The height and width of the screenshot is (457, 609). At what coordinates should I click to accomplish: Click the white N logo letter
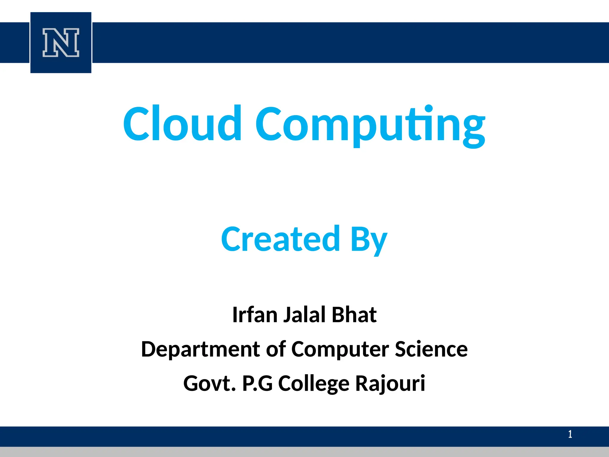[x=61, y=43]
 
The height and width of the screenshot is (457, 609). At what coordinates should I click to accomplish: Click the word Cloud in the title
[x=182, y=123]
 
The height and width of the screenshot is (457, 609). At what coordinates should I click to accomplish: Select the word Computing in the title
[x=370, y=125]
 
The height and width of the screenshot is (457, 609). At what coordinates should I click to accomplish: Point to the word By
[x=369, y=240]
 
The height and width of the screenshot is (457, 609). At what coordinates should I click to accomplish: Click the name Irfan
[x=255, y=315]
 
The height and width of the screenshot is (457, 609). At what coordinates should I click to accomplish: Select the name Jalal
[x=304, y=315]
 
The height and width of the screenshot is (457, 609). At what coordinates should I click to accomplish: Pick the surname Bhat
[x=354, y=315]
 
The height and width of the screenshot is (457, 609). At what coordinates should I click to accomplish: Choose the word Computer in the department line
[x=340, y=350]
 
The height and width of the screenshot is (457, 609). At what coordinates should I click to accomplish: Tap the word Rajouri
[x=390, y=384]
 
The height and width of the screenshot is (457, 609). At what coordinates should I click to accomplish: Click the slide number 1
[x=570, y=434]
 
